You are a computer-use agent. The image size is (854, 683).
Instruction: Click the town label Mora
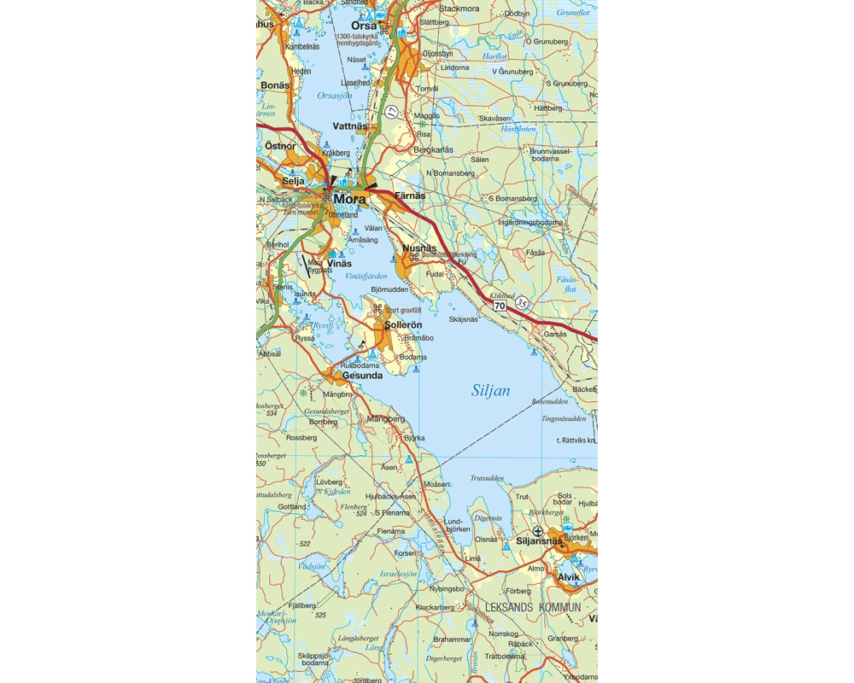350,199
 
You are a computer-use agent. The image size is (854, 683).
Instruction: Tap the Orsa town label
364,26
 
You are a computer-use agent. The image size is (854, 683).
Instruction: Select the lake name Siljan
491,391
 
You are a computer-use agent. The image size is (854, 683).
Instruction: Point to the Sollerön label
404,326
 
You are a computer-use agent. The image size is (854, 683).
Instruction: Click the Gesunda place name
362,375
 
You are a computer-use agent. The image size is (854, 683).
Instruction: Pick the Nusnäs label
419,248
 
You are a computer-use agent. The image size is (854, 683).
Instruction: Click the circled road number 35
522,302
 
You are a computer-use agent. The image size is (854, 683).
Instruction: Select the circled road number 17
391,111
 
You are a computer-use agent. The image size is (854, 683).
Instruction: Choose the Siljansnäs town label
541,541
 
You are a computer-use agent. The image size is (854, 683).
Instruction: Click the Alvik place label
568,577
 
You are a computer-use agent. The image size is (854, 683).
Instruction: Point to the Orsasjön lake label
334,96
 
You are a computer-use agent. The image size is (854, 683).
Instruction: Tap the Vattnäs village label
349,126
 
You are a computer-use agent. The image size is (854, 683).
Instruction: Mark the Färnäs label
410,196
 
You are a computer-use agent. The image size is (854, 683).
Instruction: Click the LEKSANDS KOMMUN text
533,607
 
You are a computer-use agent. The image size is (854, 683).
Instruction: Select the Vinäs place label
340,264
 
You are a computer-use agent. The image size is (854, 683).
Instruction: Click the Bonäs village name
276,86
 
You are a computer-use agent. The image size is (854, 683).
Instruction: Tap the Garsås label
555,334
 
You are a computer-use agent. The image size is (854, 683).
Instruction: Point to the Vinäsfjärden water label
366,277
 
